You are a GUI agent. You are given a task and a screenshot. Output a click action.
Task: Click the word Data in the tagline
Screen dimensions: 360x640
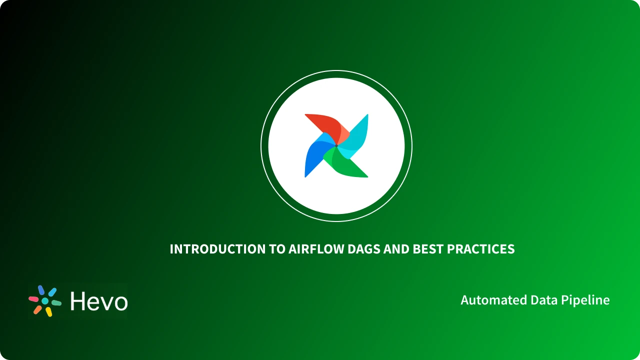coord(544,300)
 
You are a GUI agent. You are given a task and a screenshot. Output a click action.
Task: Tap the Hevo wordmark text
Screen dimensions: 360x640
coord(99,301)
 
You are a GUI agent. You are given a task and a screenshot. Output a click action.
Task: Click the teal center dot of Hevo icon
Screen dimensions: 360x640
coord(45,301)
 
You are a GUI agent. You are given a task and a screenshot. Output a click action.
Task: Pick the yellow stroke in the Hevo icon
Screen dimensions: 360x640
coord(49,312)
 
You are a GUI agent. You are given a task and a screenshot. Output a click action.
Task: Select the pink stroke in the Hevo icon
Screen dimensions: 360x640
coord(33,299)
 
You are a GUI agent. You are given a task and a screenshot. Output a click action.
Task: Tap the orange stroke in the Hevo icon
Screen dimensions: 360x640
coord(37,310)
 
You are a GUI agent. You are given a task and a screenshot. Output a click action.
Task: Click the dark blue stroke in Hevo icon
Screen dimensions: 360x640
coord(41,290)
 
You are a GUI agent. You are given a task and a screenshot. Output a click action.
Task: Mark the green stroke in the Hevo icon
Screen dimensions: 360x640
coord(56,303)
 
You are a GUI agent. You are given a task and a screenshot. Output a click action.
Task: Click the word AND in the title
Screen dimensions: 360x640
coord(396,249)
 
